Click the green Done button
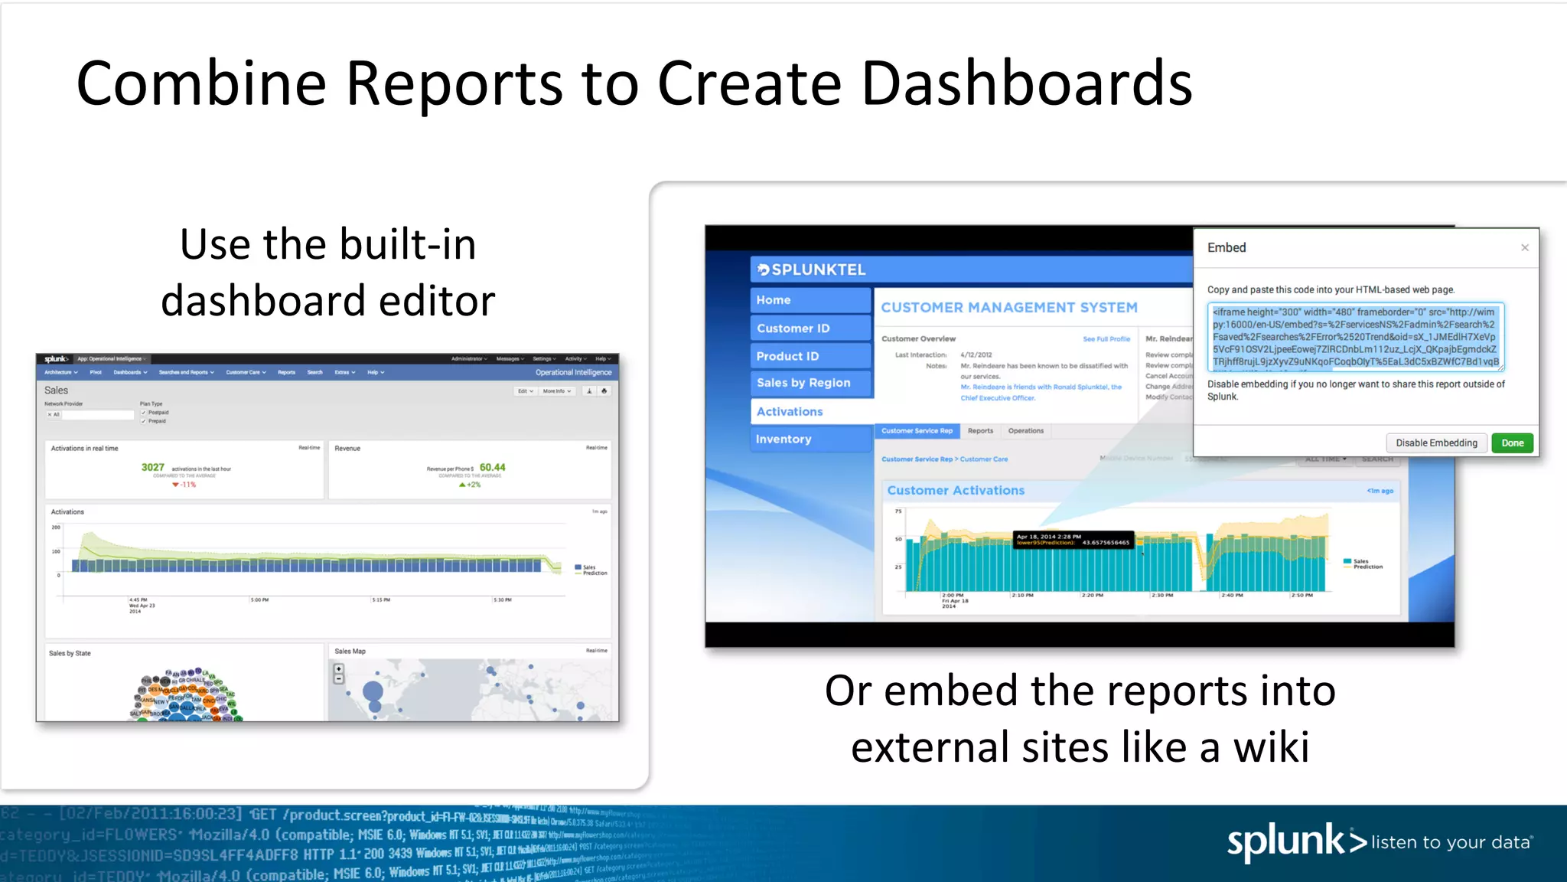point(1512,443)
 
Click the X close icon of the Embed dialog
point(1525,247)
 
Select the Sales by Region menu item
point(803,383)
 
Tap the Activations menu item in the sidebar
point(790,411)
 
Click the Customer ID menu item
point(793,328)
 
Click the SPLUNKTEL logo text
point(818,269)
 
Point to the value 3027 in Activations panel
point(153,467)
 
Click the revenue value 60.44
point(493,467)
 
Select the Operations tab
point(1025,431)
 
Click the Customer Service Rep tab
point(917,431)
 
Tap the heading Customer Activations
point(956,490)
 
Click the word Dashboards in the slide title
point(1026,83)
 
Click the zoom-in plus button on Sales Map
point(338,668)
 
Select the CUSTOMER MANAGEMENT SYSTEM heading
point(1008,307)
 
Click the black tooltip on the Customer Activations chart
point(1073,540)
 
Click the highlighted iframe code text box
point(1355,337)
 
